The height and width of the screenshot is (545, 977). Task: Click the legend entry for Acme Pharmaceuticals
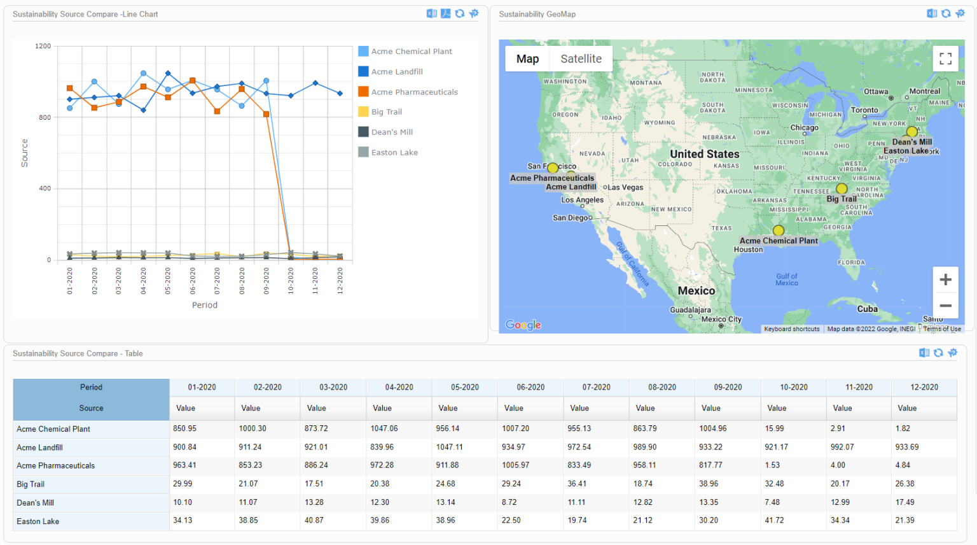(x=414, y=92)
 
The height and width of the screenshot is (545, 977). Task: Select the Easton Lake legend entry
(x=394, y=152)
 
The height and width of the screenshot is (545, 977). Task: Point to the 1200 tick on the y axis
(x=43, y=46)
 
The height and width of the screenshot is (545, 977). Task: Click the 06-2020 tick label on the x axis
(x=193, y=281)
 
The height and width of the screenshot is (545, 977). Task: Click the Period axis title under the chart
(x=205, y=305)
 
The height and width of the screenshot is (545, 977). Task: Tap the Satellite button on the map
(x=581, y=59)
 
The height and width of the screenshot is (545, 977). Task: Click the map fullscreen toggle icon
(x=945, y=59)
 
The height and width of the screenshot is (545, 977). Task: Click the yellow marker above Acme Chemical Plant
(x=779, y=230)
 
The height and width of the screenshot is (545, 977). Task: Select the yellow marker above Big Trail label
(x=842, y=188)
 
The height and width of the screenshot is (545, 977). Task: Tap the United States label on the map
(x=705, y=154)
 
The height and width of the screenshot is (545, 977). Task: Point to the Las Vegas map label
(x=625, y=188)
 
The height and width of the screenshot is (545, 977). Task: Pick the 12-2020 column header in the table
(x=924, y=387)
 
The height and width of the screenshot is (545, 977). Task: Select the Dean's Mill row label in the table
(x=36, y=502)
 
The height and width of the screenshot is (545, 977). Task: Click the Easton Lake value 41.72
(x=774, y=520)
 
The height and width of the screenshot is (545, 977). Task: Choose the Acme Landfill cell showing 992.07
(x=842, y=447)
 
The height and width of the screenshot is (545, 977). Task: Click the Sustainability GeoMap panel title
(x=537, y=14)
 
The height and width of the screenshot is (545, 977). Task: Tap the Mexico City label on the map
(x=721, y=320)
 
